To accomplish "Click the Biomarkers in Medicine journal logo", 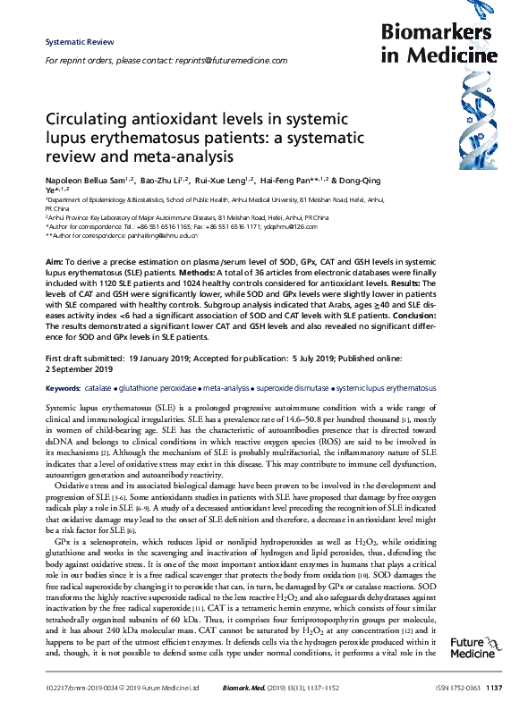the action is point(436,44).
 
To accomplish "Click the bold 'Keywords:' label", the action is point(63,390).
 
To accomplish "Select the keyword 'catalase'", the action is point(98,390).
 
